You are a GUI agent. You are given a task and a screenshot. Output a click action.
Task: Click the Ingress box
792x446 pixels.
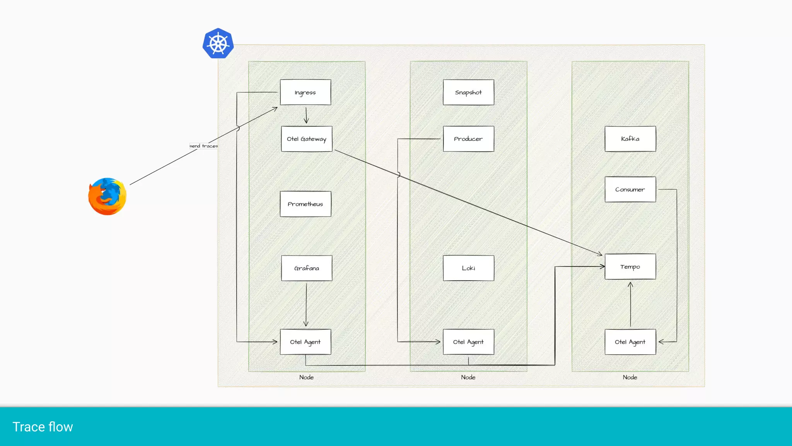tap(305, 92)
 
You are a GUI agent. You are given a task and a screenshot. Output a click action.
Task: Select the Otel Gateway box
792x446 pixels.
tap(306, 139)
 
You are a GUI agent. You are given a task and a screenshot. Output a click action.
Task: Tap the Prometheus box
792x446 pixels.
tap(305, 204)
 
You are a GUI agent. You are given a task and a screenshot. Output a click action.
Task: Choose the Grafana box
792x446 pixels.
tap(306, 268)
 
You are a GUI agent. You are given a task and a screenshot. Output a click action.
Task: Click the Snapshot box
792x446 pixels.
tap(468, 92)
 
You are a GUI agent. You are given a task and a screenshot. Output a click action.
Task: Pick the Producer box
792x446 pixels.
tap(468, 139)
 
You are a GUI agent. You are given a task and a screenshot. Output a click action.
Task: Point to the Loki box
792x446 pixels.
tap(468, 268)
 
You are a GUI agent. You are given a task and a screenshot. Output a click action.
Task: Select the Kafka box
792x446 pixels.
tap(630, 139)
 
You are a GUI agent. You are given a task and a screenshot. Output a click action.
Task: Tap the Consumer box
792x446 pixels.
tap(630, 189)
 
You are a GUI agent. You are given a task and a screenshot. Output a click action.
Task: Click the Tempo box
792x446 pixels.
tap(630, 266)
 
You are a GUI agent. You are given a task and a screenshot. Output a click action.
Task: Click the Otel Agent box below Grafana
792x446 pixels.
tap(305, 342)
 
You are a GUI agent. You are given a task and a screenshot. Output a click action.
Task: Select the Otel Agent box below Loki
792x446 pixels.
tap(468, 342)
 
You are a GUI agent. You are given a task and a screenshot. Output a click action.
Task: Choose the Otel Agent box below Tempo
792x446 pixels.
tap(630, 342)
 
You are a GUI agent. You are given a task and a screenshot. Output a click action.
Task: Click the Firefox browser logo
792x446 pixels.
tap(107, 196)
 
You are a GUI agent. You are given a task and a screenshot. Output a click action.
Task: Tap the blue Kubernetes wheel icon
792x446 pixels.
tap(218, 43)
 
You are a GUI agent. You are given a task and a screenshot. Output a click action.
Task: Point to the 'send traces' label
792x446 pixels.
tap(203, 146)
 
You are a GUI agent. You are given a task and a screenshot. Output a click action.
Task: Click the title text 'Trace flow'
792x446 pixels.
tap(43, 427)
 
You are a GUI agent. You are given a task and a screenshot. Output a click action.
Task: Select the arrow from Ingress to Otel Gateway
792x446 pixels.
tap(306, 115)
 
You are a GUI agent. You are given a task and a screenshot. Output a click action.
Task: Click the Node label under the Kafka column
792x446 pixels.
tap(630, 377)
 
